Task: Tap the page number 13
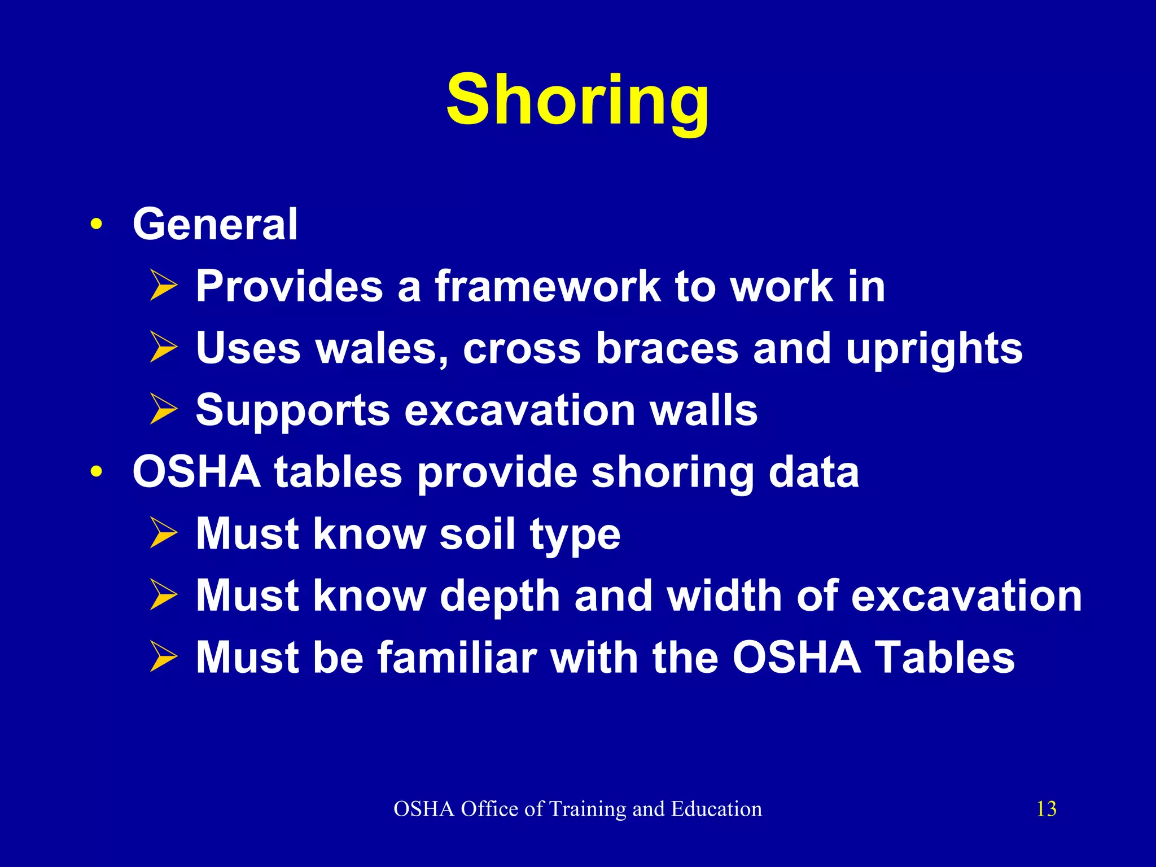(x=1046, y=809)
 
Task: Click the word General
(x=215, y=224)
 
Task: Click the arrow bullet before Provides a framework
(x=164, y=286)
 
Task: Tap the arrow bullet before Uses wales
(x=164, y=348)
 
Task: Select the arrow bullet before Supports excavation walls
(x=164, y=410)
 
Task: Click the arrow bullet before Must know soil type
(x=164, y=534)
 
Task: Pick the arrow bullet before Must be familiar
(x=164, y=658)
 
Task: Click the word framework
(x=548, y=286)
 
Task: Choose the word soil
(x=478, y=534)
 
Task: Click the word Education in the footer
(x=716, y=809)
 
